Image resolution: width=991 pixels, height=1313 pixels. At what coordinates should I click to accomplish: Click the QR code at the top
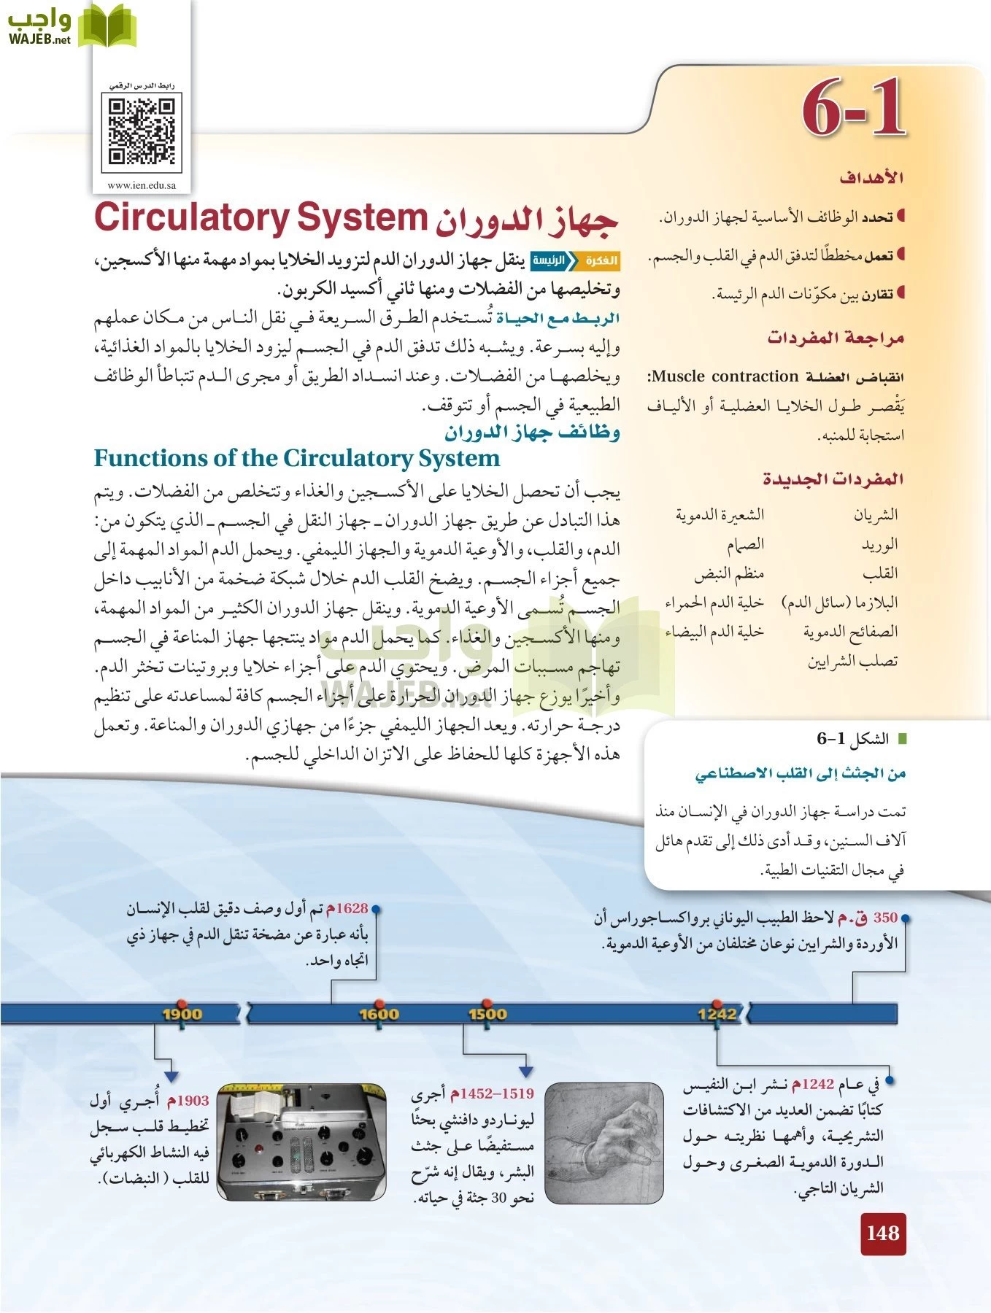(x=143, y=132)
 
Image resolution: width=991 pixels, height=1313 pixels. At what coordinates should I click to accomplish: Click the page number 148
(x=882, y=1233)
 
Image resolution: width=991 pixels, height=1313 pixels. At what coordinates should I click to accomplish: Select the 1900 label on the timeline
(x=182, y=1013)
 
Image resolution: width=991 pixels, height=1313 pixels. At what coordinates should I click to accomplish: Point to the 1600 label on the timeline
(x=379, y=1013)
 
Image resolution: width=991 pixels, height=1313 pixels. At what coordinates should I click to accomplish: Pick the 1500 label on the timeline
(x=487, y=1013)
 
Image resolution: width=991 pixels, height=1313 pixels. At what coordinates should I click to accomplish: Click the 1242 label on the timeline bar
(x=717, y=1013)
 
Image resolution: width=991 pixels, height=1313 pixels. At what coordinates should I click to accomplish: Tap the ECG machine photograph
(x=302, y=1142)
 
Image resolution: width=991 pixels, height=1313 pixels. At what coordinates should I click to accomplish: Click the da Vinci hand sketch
(x=604, y=1142)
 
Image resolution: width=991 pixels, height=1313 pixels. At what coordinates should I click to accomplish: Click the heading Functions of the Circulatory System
(x=297, y=458)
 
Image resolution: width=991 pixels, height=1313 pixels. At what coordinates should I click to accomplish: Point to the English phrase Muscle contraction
(x=725, y=376)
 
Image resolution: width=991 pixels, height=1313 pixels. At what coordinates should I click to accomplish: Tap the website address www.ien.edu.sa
(x=142, y=185)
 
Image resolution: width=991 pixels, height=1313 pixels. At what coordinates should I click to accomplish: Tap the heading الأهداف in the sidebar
(x=871, y=177)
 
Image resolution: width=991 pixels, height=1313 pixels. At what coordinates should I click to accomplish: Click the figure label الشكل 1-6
(x=852, y=739)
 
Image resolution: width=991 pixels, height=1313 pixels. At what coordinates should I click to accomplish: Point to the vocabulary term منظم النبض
(x=728, y=574)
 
